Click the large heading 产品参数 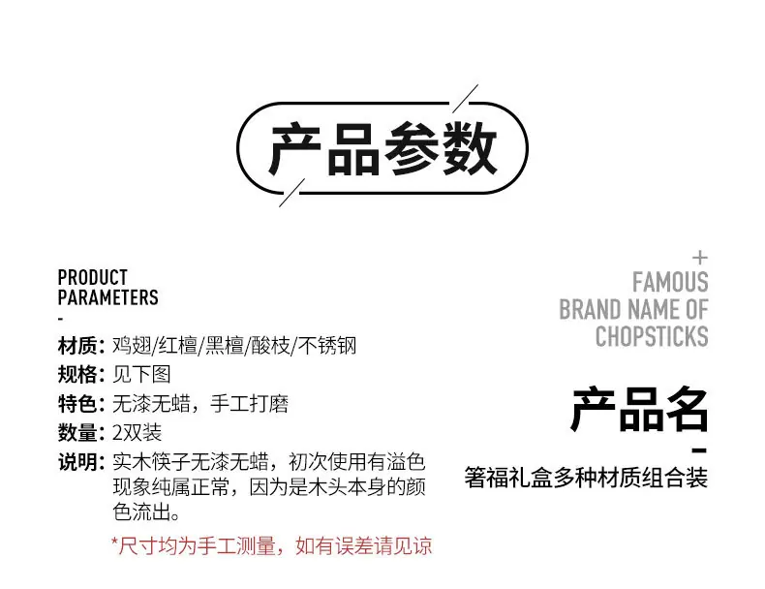click(x=382, y=148)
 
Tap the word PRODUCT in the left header click(x=93, y=277)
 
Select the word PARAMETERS click(x=108, y=297)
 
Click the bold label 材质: click(x=81, y=346)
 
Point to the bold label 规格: click(x=81, y=374)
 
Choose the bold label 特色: click(x=81, y=404)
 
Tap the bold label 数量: click(x=81, y=432)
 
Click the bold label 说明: click(x=81, y=462)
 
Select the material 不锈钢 click(x=327, y=346)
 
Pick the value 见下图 click(x=142, y=374)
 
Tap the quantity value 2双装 click(x=138, y=432)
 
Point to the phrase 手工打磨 click(x=249, y=404)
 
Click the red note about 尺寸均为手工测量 click(x=272, y=545)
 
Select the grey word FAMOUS click(x=670, y=282)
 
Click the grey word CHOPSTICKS click(x=652, y=336)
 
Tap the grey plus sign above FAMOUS click(x=700, y=257)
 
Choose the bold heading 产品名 click(x=640, y=410)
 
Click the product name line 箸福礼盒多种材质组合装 click(x=586, y=478)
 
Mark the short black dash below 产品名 click(x=699, y=450)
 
